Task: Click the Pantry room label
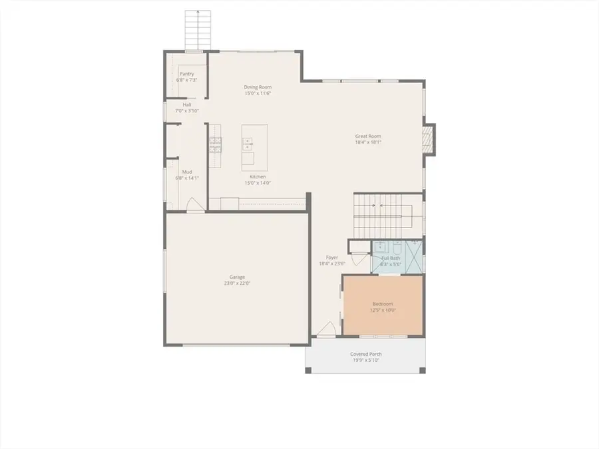click(x=186, y=74)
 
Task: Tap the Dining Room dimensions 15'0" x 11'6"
click(x=258, y=94)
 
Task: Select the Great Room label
click(x=368, y=136)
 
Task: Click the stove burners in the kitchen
click(x=215, y=145)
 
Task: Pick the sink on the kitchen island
click(x=248, y=141)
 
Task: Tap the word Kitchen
click(x=258, y=177)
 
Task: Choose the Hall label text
click(x=187, y=104)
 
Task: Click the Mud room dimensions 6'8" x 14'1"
click(x=187, y=178)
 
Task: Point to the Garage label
click(x=238, y=277)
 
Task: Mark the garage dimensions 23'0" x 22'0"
click(x=238, y=283)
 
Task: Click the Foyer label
click(x=331, y=257)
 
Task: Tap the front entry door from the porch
click(x=325, y=331)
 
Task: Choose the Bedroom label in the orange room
click(x=383, y=304)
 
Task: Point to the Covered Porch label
click(x=366, y=354)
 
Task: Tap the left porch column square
click(x=307, y=370)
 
